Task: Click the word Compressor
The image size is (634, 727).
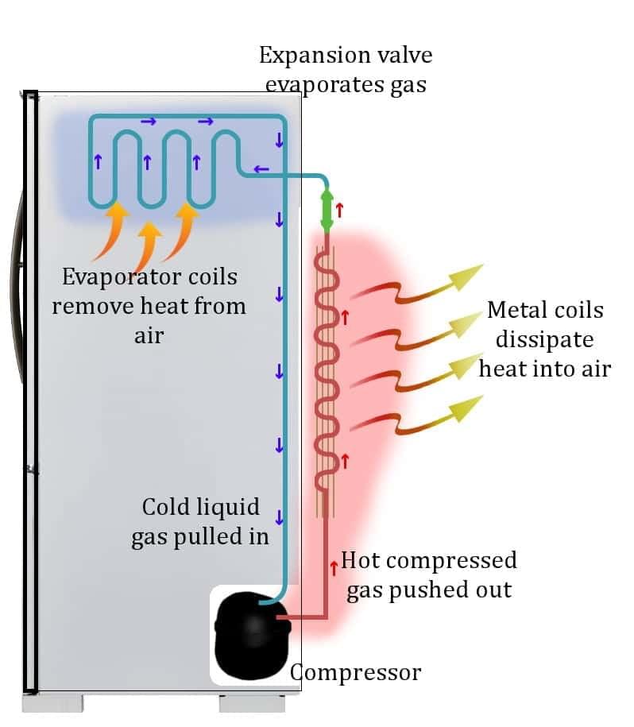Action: coord(355,672)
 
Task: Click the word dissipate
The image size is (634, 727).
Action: coord(544,340)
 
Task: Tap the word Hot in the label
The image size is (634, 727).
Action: coord(361,560)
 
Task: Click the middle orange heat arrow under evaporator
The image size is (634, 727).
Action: coord(148,245)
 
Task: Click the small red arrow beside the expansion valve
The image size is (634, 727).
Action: coord(340,210)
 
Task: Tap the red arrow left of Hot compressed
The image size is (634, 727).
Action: coord(334,568)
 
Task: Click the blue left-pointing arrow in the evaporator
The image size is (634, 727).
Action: coord(261,168)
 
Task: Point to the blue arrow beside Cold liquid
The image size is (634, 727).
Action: coord(279,517)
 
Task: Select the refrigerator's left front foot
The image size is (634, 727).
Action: coord(52,703)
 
